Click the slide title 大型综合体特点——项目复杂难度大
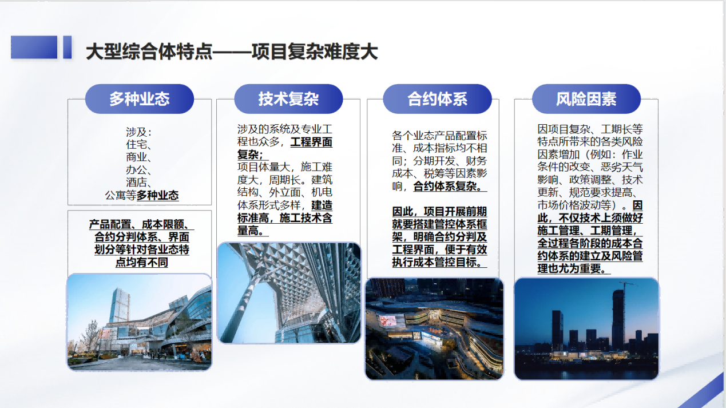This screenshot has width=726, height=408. click(232, 52)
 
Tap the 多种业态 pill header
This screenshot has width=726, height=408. click(140, 99)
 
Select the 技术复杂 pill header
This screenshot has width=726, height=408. click(288, 99)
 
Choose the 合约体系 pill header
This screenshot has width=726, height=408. click(437, 99)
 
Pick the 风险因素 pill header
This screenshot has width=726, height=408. click(586, 99)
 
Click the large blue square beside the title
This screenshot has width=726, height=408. click(34, 47)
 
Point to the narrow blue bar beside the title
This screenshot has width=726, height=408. click(67, 47)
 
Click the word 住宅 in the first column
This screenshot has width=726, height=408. click(136, 145)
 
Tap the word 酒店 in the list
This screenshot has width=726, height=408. click(136, 183)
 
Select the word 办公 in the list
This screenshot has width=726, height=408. click(136, 170)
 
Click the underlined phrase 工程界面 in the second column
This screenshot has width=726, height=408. click(311, 142)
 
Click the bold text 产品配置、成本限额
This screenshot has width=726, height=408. click(139, 224)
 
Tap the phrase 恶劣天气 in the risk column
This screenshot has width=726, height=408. click(622, 167)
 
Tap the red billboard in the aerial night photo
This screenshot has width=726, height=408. click(387, 320)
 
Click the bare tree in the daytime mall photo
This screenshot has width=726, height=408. click(90, 337)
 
